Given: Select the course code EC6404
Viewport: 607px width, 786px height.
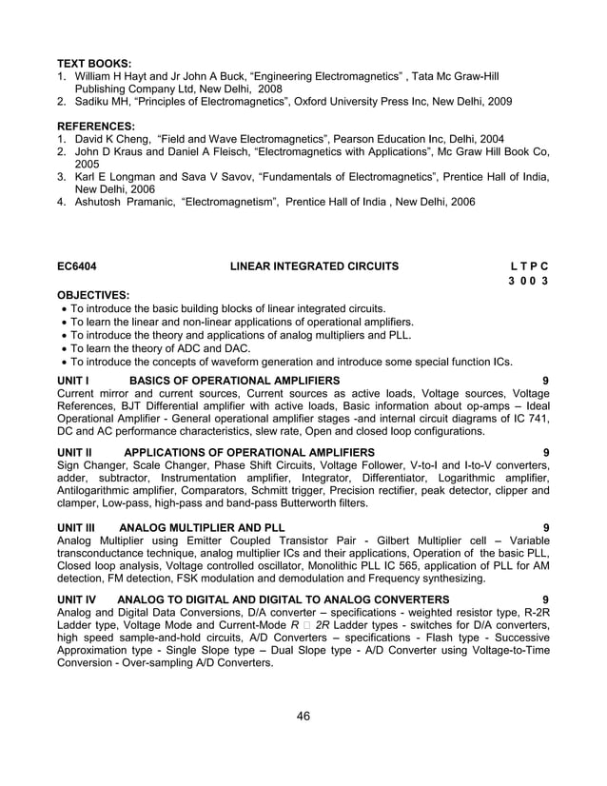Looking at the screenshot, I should tap(76, 267).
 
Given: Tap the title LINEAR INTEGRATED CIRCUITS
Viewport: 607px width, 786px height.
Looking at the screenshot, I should tap(314, 267).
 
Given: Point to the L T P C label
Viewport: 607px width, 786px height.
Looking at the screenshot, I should tap(529, 267).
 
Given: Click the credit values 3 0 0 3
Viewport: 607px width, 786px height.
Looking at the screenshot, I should tap(529, 283).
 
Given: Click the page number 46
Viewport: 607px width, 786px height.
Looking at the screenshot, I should tap(303, 716).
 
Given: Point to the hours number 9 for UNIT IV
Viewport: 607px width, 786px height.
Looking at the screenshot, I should tap(545, 599).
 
